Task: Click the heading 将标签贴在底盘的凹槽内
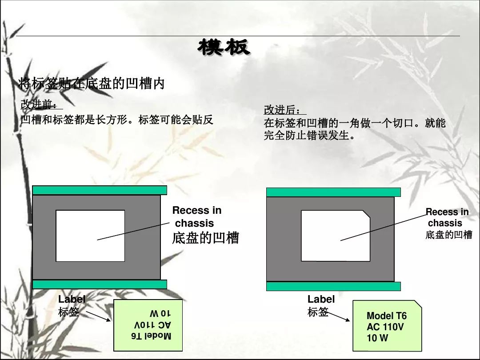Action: click(x=92, y=83)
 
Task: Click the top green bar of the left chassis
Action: click(x=100, y=190)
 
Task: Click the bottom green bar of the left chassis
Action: click(x=100, y=284)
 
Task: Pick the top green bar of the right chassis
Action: click(x=333, y=192)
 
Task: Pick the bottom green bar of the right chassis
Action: click(x=333, y=286)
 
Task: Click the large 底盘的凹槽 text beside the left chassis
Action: click(x=205, y=238)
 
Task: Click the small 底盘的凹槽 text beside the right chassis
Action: click(x=448, y=235)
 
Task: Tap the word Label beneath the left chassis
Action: click(x=72, y=299)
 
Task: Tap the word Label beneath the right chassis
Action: click(x=321, y=299)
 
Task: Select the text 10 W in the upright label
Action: click(x=377, y=338)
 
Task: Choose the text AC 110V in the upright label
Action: click(x=385, y=327)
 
